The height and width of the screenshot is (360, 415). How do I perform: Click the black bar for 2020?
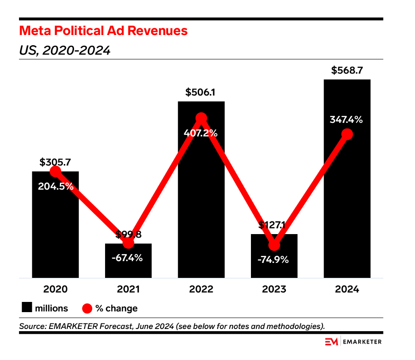(x=55, y=231)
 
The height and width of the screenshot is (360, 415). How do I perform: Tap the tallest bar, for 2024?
(x=347, y=200)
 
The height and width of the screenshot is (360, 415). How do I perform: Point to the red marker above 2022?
(x=201, y=118)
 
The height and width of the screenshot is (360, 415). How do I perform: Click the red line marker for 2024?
(x=347, y=134)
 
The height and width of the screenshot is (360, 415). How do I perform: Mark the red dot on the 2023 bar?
(x=274, y=245)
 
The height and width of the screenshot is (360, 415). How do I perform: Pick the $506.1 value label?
(x=201, y=93)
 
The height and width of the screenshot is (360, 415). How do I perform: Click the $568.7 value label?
(x=347, y=70)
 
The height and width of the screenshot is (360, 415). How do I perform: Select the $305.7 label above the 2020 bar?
(x=55, y=163)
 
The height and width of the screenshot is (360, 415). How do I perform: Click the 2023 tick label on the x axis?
(x=274, y=289)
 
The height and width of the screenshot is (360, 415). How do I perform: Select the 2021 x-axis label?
(x=128, y=289)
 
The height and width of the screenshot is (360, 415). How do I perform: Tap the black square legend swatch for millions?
(x=27, y=308)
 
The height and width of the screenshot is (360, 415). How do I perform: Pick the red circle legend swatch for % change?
(x=87, y=308)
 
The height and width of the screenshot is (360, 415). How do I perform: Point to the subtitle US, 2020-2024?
(x=65, y=51)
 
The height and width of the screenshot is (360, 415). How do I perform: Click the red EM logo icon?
(x=331, y=341)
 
